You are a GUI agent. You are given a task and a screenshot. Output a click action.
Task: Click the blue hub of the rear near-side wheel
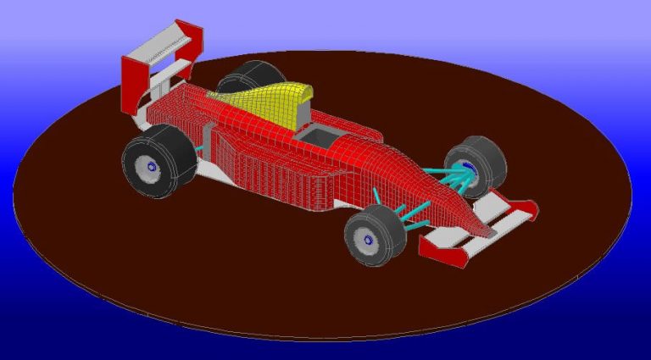pos(153,167)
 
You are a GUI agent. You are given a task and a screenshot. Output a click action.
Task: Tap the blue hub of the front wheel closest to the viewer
pos(370,240)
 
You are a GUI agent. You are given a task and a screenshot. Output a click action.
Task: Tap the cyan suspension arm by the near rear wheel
pos(201,149)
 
